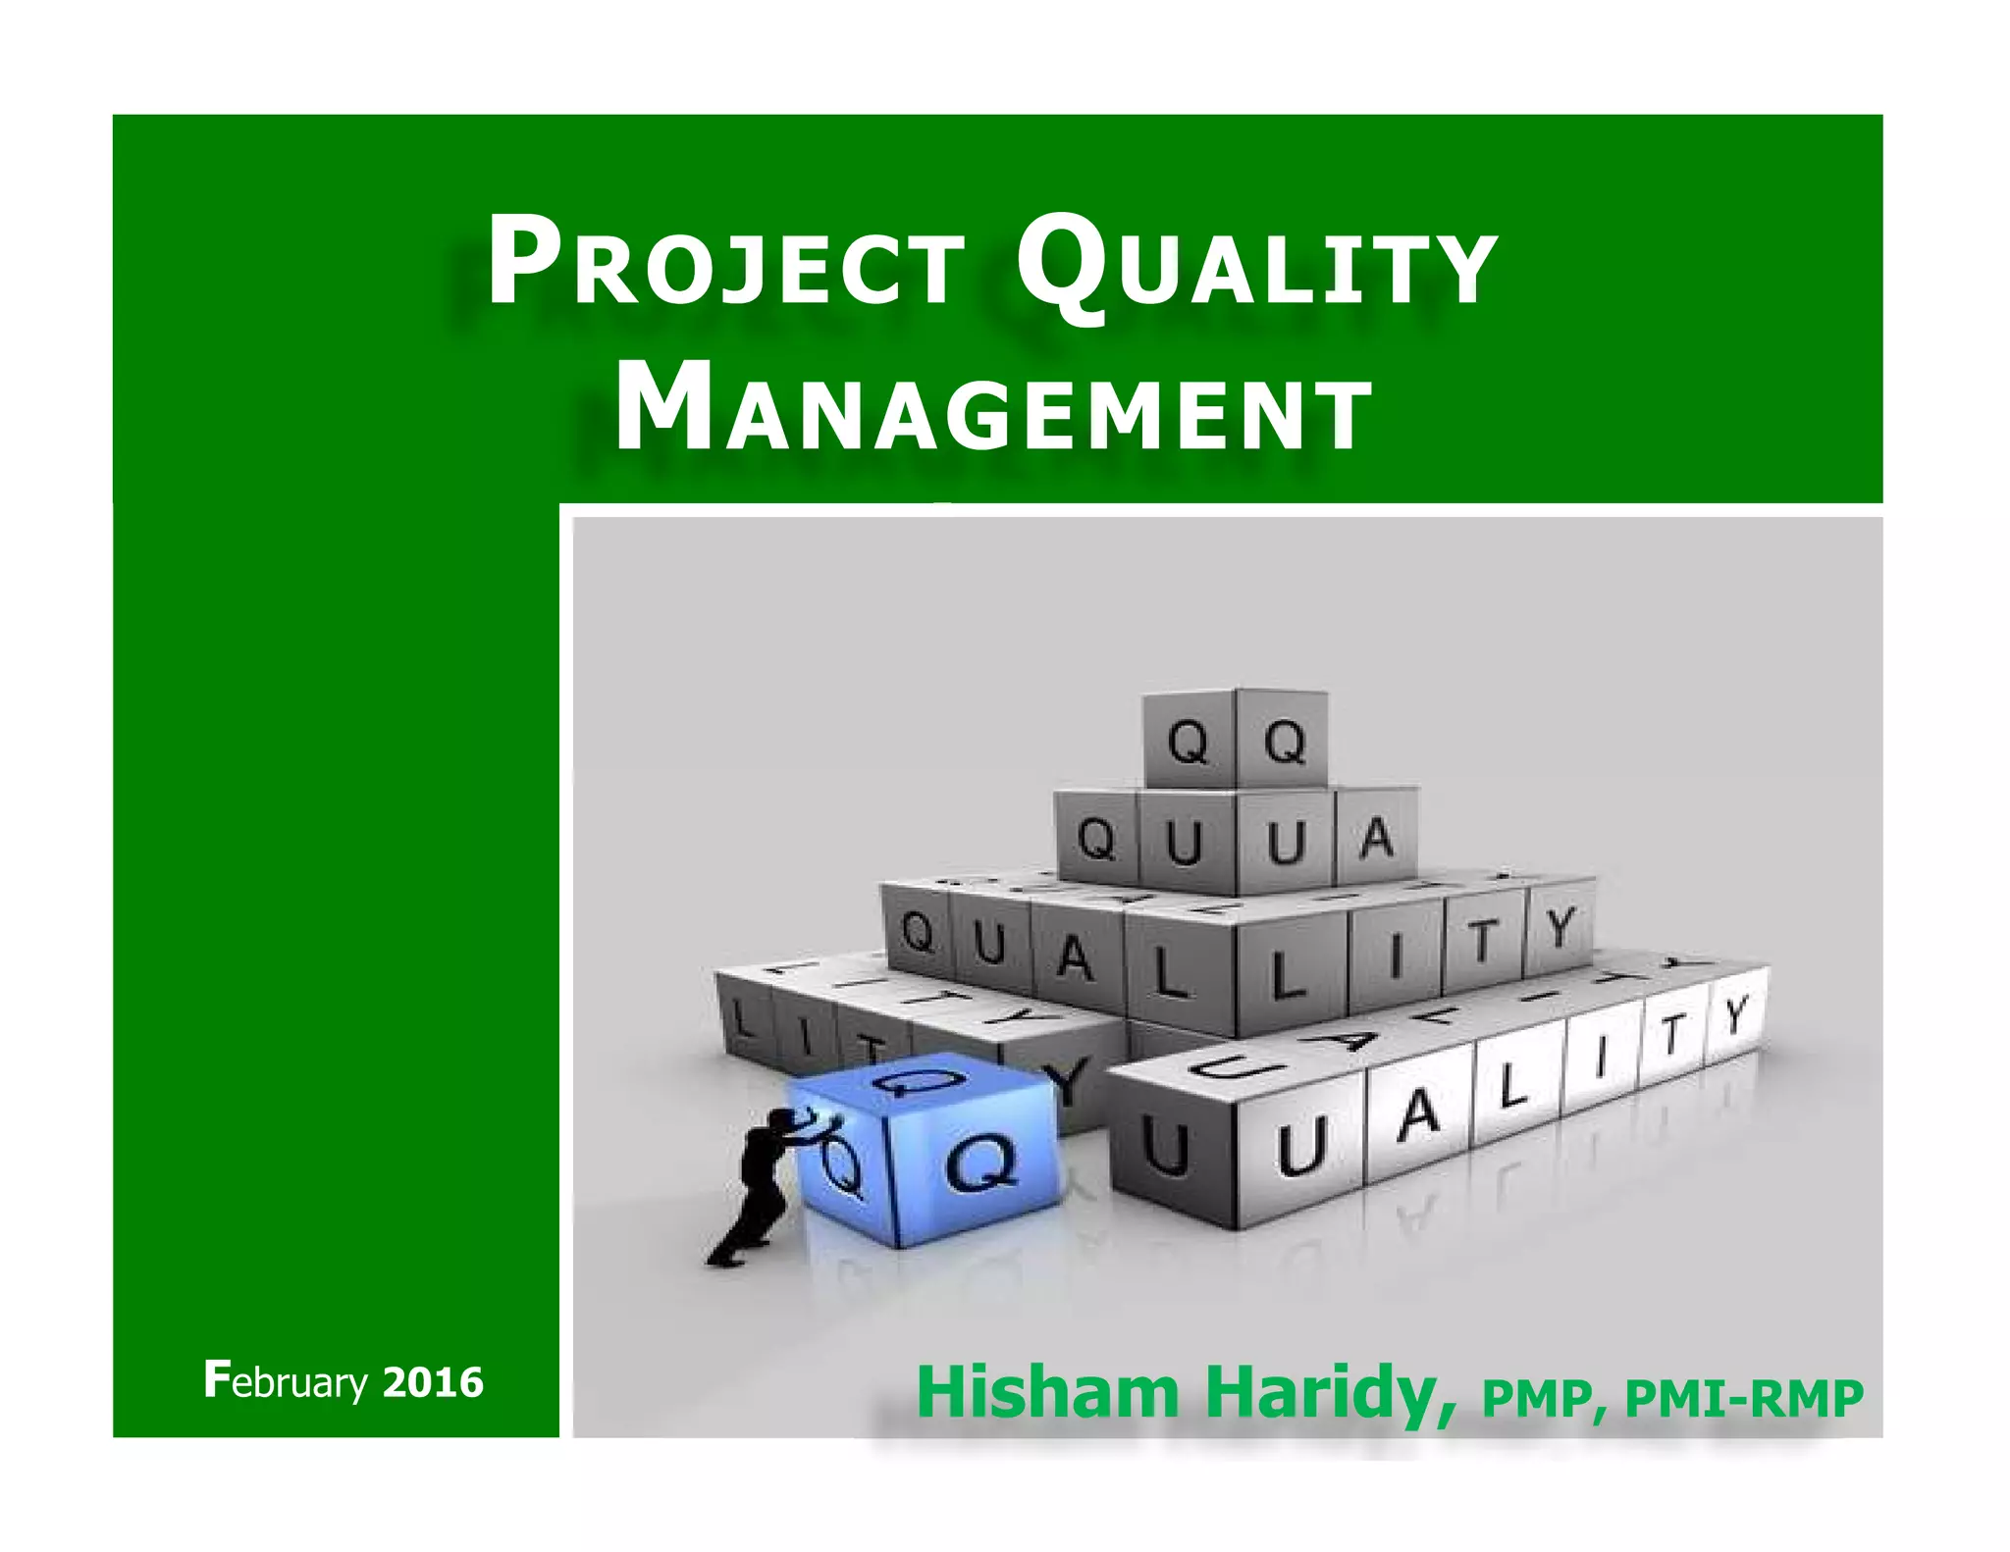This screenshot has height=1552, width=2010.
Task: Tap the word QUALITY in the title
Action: click(x=1256, y=267)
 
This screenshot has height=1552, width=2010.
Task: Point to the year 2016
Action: click(x=433, y=1382)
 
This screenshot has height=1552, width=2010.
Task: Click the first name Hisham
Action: click(x=1046, y=1392)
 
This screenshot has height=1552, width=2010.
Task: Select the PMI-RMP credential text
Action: click(x=1744, y=1398)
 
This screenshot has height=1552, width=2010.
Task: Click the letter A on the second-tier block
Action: click(x=1377, y=839)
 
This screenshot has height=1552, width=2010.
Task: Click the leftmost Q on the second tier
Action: click(x=1097, y=840)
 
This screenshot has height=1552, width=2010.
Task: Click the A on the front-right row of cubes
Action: click(x=1418, y=1113)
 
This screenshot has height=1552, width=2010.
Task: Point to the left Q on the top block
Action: click(x=1188, y=743)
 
